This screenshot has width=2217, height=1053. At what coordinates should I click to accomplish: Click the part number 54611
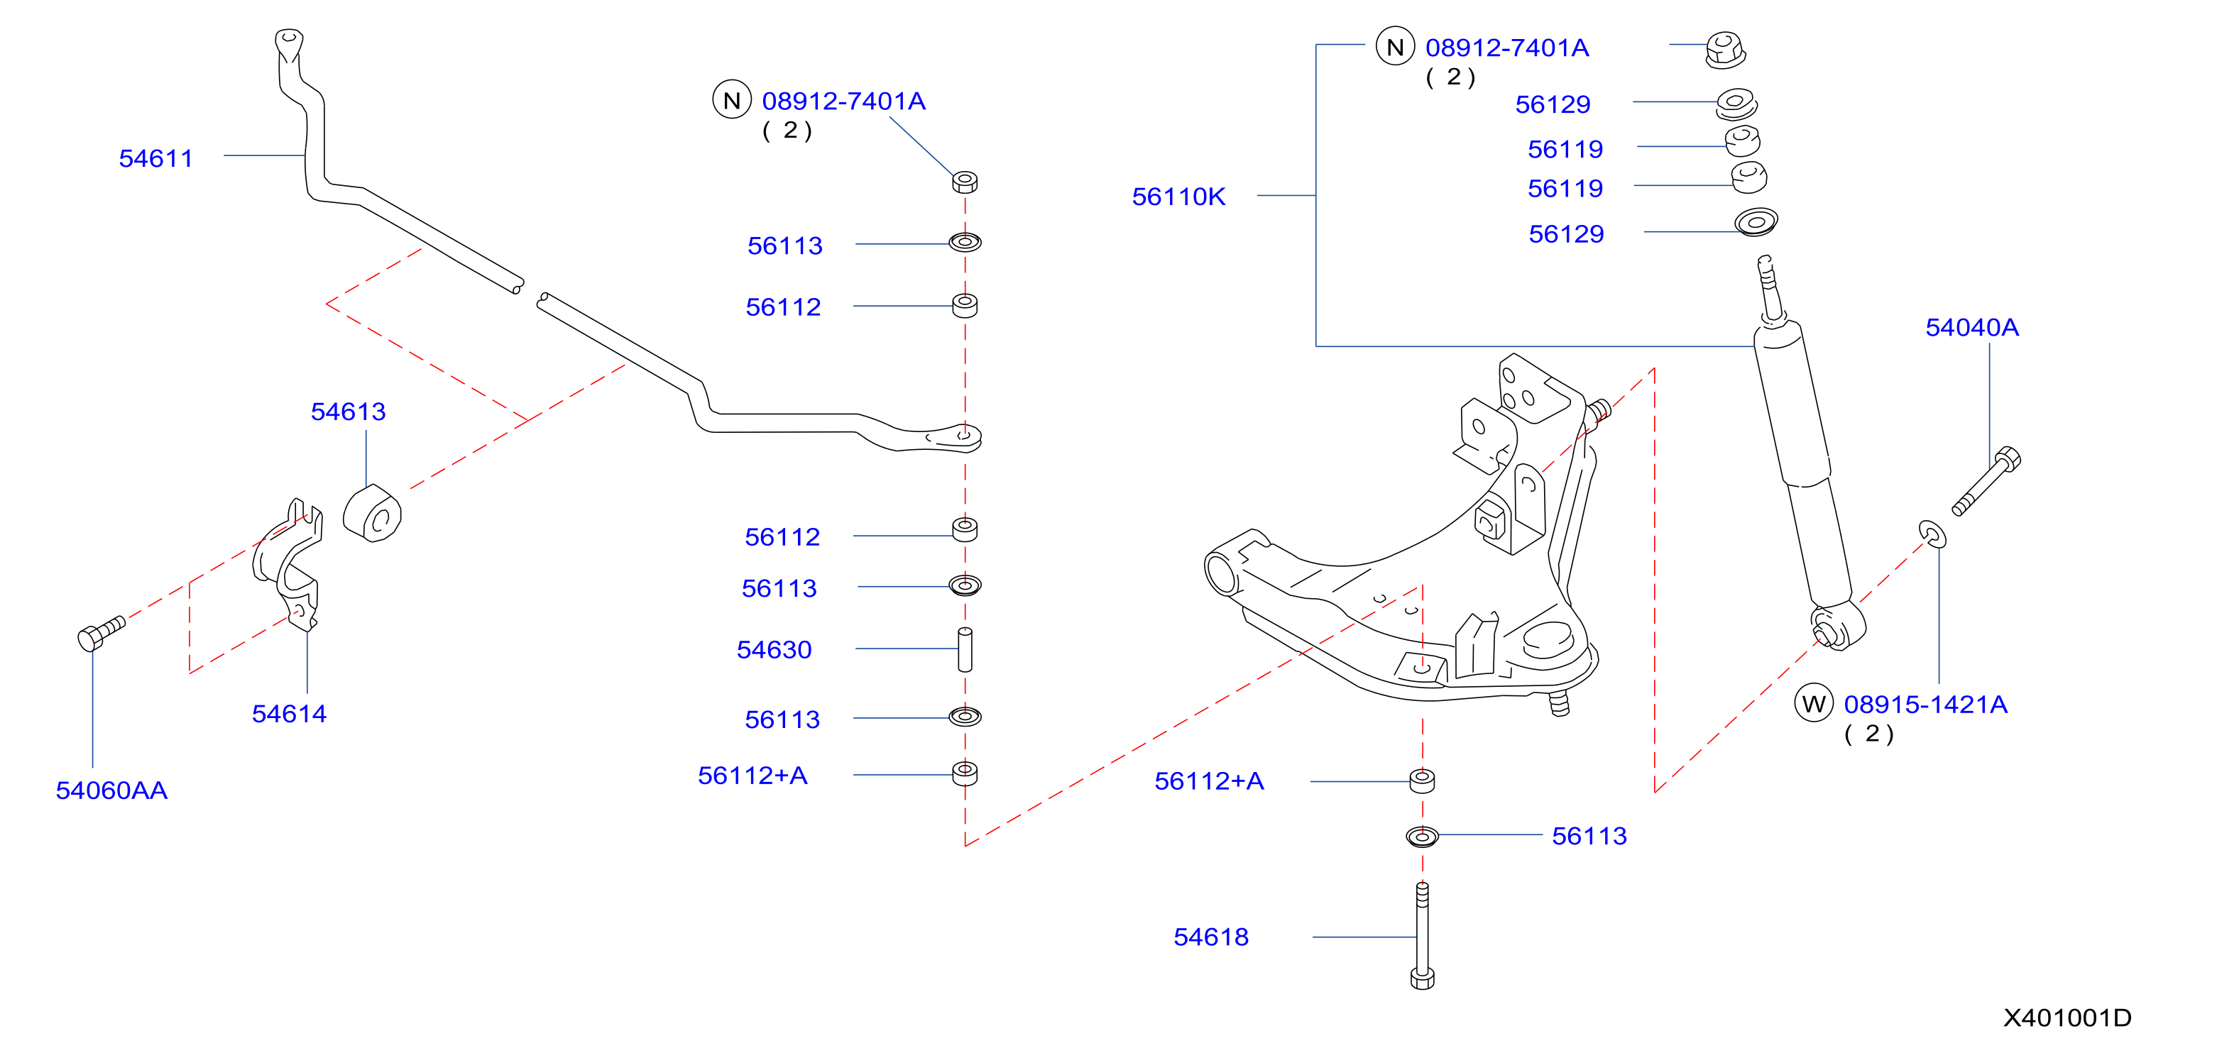pyautogui.click(x=155, y=158)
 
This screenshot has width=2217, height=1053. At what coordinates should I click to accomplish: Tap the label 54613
pyautogui.click(x=348, y=412)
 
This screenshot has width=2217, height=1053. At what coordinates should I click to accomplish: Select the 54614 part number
pyautogui.click(x=289, y=713)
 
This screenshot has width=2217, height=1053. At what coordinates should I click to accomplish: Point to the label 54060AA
pyautogui.click(x=112, y=790)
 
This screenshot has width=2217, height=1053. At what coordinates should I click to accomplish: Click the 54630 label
pyautogui.click(x=774, y=649)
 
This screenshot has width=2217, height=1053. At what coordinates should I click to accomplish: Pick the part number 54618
pyautogui.click(x=1211, y=937)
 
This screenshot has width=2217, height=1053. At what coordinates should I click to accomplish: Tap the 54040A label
pyautogui.click(x=1971, y=328)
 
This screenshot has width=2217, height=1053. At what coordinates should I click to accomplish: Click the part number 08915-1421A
pyautogui.click(x=1925, y=705)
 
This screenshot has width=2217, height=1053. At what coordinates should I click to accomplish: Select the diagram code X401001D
pyautogui.click(x=2067, y=1018)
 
